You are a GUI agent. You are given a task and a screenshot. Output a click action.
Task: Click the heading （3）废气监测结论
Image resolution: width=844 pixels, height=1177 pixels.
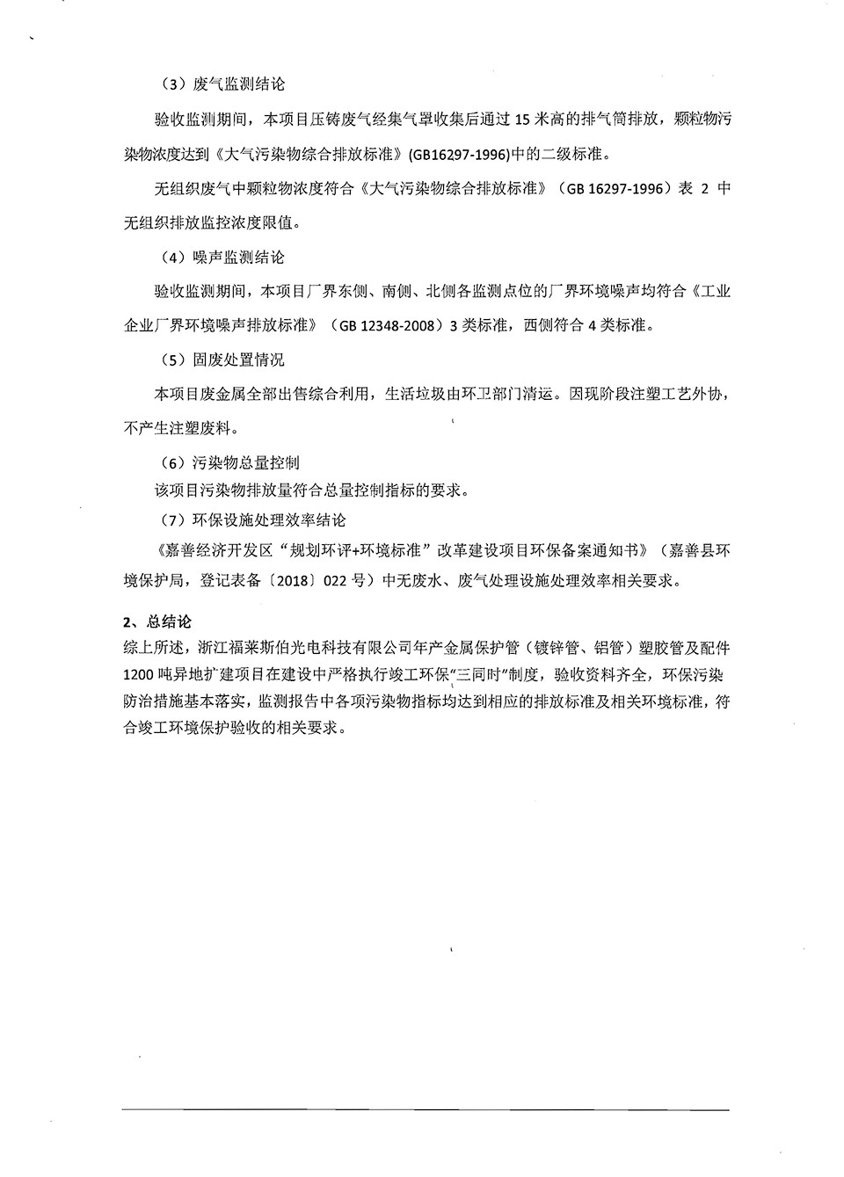pyautogui.click(x=223, y=84)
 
